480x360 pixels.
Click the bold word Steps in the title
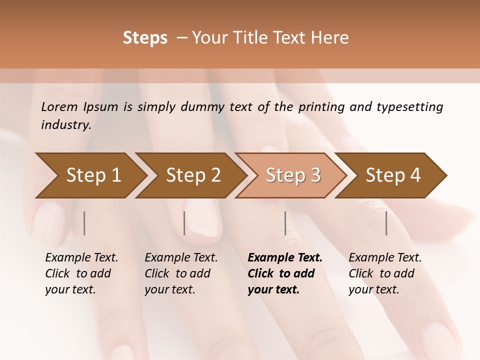(x=145, y=38)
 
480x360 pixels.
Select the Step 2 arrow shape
(x=193, y=175)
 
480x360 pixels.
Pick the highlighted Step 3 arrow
(x=293, y=175)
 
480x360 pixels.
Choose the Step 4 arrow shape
(x=393, y=175)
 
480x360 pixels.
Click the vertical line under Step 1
(x=84, y=223)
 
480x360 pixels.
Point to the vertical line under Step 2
(x=184, y=223)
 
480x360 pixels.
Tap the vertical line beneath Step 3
(x=285, y=223)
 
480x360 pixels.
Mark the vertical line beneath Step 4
(x=386, y=223)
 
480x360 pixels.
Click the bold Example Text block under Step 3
(x=284, y=273)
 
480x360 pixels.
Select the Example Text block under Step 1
(x=81, y=273)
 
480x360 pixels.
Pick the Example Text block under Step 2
(x=181, y=273)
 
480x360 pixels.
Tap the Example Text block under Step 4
(x=385, y=273)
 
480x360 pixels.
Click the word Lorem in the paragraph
(x=59, y=106)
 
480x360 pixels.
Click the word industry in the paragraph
(x=66, y=124)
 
